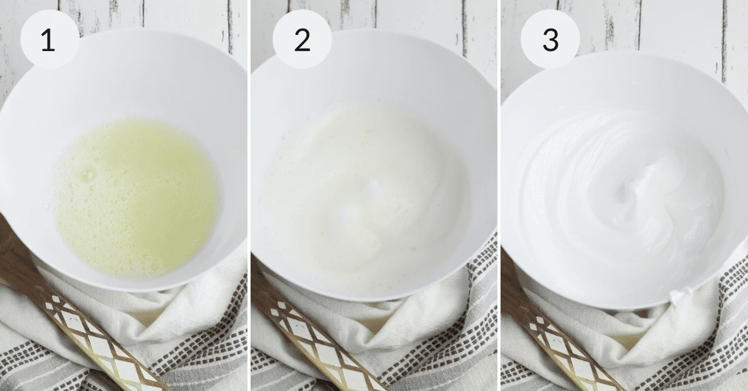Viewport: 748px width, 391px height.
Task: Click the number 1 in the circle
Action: [49, 40]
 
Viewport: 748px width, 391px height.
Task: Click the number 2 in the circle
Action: [302, 40]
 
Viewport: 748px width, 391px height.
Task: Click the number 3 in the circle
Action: [550, 40]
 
